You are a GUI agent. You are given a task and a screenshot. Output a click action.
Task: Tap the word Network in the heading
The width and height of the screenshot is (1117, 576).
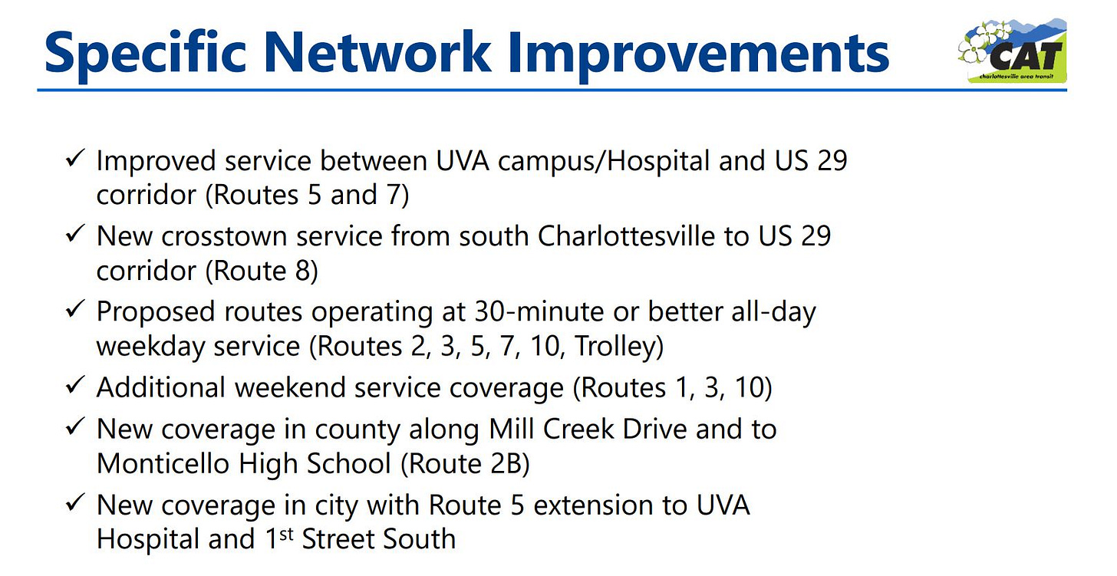pos(378,52)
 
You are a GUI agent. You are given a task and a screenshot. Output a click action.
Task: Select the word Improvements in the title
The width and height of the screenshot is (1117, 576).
pos(699,54)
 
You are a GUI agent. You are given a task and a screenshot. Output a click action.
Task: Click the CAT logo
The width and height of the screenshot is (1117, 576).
pos(1013,51)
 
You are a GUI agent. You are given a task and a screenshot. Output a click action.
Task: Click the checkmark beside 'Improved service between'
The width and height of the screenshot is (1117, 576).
pos(75,159)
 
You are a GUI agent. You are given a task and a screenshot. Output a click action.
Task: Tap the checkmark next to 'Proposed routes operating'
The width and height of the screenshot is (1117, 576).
pos(75,309)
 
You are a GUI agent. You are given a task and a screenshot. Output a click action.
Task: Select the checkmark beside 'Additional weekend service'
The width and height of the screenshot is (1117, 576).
pos(75,385)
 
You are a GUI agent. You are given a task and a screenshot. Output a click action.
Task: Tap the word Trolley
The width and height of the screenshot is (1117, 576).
pos(618,347)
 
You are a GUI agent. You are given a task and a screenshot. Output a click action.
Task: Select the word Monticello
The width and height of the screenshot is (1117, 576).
pos(163,464)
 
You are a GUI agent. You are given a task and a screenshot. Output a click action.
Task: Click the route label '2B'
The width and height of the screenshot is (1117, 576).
pos(505,464)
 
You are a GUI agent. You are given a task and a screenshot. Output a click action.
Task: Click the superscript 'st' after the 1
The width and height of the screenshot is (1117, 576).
pos(285,534)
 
